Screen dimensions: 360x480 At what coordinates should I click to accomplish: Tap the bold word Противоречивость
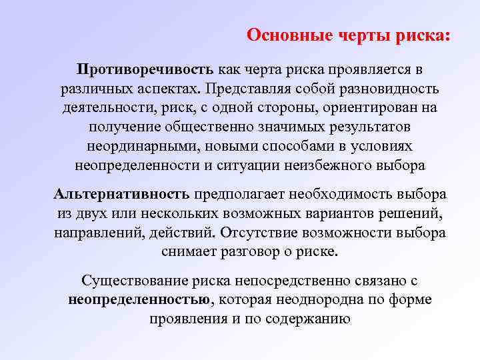point(145,70)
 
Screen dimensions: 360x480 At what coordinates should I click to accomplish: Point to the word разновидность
point(386,89)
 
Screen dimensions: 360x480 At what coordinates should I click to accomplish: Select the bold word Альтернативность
point(123,195)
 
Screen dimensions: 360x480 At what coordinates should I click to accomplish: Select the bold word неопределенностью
point(139,300)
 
